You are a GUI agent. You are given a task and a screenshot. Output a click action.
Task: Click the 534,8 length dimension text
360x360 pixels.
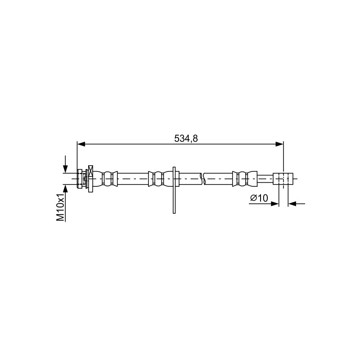(186, 139)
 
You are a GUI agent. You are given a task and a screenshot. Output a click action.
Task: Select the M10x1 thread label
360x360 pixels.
(60, 207)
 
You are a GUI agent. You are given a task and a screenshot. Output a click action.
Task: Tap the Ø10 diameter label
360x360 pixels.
(259, 198)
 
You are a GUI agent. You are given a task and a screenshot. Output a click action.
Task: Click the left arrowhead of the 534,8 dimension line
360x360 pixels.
(81, 144)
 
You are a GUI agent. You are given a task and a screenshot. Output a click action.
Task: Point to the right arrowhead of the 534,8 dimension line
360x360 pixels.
(279, 144)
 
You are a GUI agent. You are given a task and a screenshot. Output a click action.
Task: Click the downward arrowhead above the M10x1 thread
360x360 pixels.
(65, 169)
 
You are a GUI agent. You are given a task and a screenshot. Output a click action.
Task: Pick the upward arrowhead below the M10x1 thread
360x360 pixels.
(65, 188)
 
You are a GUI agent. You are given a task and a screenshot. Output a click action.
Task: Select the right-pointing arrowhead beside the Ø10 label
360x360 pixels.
(275, 203)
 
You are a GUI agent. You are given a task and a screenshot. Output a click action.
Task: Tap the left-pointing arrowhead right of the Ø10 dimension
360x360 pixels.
(292, 203)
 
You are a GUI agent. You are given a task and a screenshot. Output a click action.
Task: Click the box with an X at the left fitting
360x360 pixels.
(91, 171)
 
